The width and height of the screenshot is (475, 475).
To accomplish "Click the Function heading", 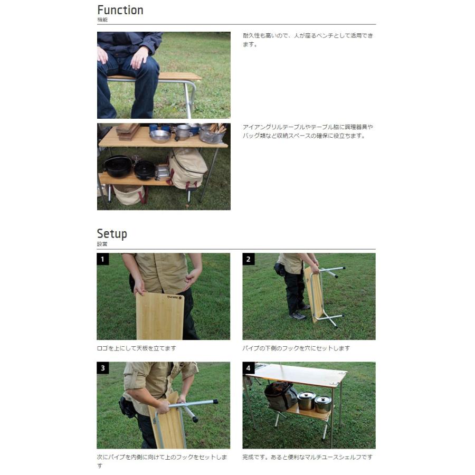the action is (x=120, y=10).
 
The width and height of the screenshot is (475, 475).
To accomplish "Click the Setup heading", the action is (x=112, y=234).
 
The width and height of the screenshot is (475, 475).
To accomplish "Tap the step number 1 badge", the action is (x=103, y=259).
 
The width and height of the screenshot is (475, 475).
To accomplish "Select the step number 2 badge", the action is (x=249, y=259).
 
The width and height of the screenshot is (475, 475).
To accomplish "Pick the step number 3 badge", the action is (x=103, y=368).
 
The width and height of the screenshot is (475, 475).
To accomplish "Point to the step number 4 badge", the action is (x=249, y=368).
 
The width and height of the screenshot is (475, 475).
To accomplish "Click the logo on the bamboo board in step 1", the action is (x=175, y=298).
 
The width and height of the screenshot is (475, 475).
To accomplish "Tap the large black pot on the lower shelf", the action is (x=118, y=166).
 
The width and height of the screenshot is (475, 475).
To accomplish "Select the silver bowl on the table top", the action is (x=160, y=136).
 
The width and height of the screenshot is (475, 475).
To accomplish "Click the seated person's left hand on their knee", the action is (x=140, y=57).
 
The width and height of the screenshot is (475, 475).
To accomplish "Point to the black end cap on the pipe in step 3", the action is (x=194, y=419).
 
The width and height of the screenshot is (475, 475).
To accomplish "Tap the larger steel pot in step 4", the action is (x=306, y=401).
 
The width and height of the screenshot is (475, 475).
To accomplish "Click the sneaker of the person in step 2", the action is (x=298, y=316).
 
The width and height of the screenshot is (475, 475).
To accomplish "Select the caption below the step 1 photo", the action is (x=136, y=348).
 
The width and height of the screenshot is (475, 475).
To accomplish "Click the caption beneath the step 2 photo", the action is (x=296, y=348).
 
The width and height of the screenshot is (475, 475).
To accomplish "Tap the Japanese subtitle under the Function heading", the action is (x=102, y=20).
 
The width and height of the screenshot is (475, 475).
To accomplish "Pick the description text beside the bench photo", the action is (x=308, y=40).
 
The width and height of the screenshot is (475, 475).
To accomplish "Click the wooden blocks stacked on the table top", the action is (x=128, y=132).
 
